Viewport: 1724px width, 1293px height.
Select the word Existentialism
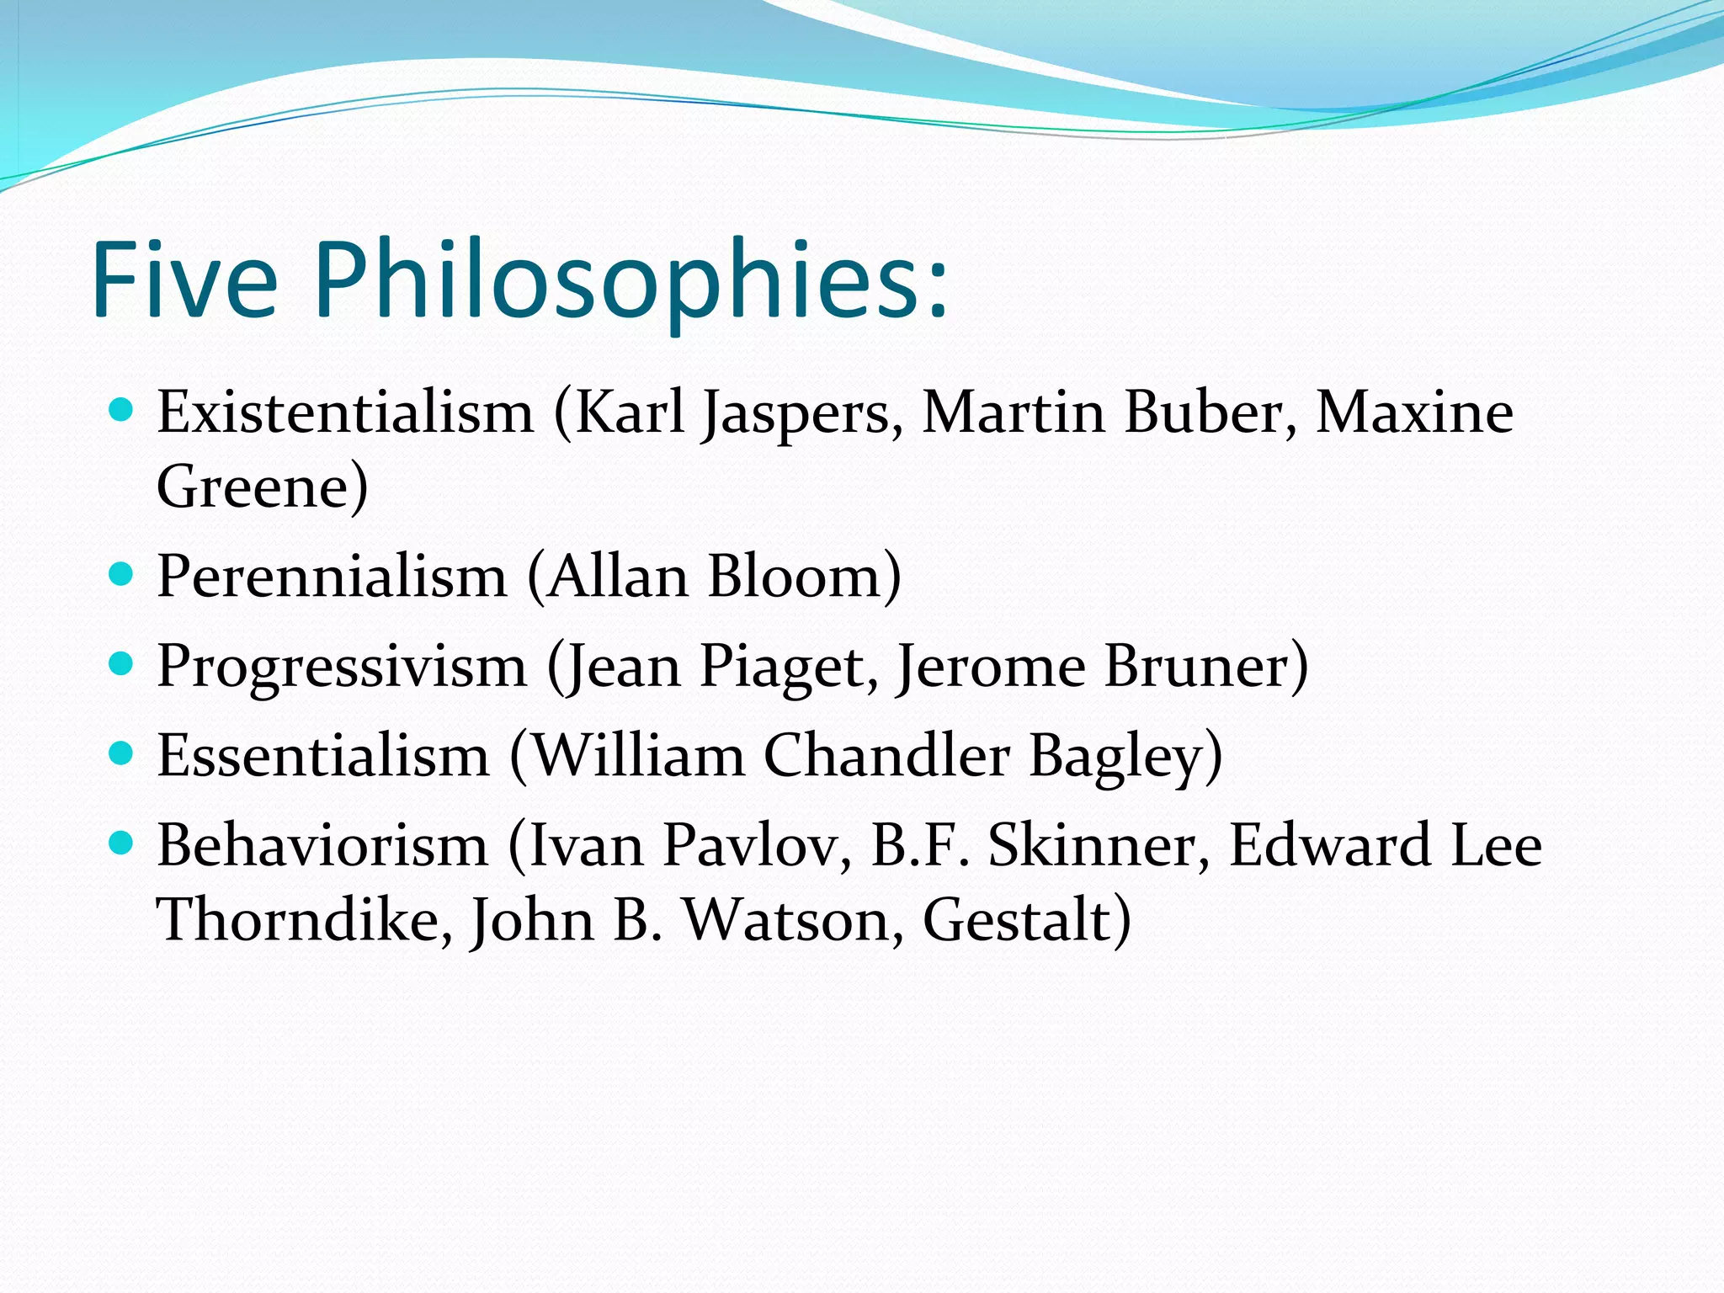click(345, 412)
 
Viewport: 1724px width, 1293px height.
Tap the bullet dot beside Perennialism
click(122, 575)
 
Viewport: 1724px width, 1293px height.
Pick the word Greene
click(253, 487)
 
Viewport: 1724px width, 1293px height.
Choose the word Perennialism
click(333, 577)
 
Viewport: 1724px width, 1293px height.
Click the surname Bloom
click(795, 577)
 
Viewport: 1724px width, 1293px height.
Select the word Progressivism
click(342, 668)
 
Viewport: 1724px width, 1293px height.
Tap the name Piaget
click(780, 668)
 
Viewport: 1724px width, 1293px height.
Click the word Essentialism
click(323, 756)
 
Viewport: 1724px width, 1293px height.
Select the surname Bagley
click(1116, 757)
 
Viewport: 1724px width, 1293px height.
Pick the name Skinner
click(1091, 845)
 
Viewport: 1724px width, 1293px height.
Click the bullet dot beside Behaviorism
click(122, 843)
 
